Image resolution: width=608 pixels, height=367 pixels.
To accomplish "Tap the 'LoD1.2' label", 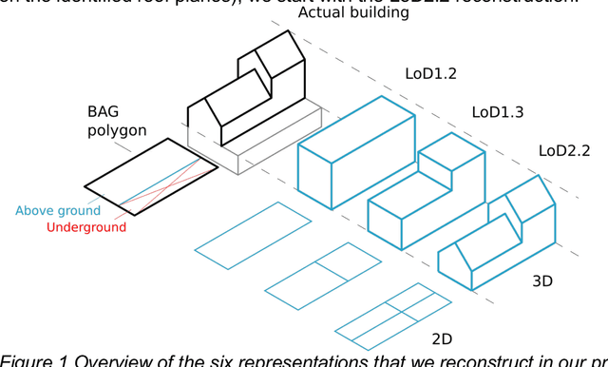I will pyautogui.click(x=430, y=73).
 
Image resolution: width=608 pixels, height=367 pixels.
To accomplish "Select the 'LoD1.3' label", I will pyautogui.click(x=498, y=112).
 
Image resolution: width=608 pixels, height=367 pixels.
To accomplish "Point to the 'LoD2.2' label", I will pyautogui.click(x=564, y=150).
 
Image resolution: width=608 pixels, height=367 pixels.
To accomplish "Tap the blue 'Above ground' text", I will pyautogui.click(x=57, y=211).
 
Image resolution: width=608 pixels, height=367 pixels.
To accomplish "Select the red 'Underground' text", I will pyautogui.click(x=85, y=227).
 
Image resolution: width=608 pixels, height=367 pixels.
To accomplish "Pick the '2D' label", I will pyautogui.click(x=444, y=338).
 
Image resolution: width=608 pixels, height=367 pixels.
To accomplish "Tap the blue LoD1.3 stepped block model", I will pyautogui.click(x=427, y=190).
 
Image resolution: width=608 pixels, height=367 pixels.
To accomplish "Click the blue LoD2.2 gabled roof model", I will pyautogui.click(x=499, y=238).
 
